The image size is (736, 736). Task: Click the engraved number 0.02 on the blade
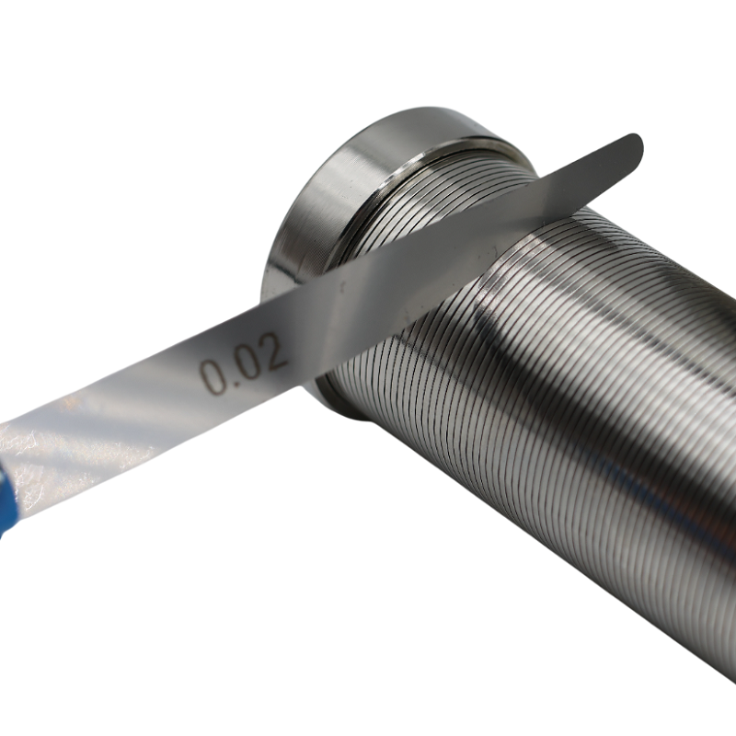(x=243, y=363)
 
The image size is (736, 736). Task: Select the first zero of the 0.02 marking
(x=213, y=376)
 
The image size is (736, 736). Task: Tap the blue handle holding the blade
(x=8, y=502)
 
